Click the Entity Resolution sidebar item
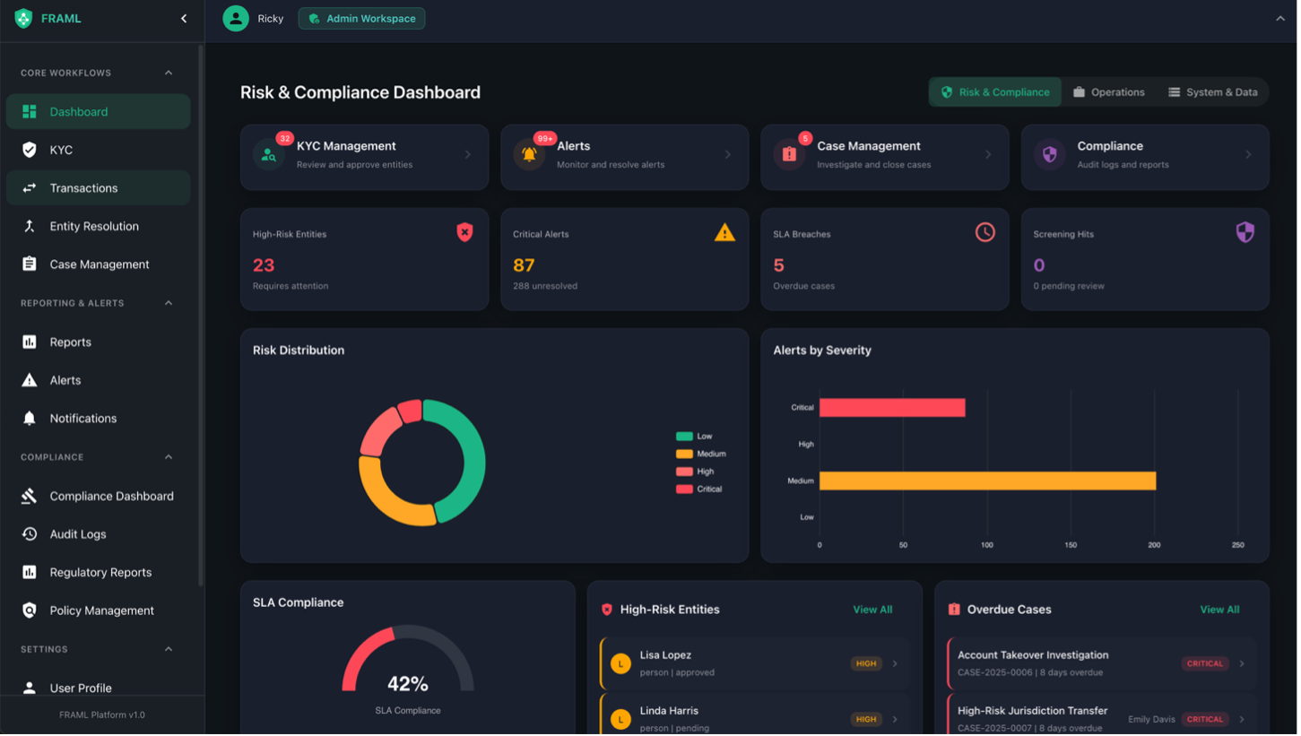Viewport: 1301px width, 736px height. coord(94,227)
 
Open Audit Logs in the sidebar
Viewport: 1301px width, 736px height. coord(78,534)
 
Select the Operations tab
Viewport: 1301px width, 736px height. coord(1109,92)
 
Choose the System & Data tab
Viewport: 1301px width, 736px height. coord(1212,92)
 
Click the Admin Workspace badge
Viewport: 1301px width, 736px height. coord(362,19)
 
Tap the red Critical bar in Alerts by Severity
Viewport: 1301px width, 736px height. coord(892,408)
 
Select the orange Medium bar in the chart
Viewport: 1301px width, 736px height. coord(987,481)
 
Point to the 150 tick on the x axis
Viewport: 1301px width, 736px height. coord(1071,545)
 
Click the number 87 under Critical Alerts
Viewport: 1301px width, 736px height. coord(524,265)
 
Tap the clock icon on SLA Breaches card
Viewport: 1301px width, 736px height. coord(984,233)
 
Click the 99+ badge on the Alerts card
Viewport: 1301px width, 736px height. coord(544,139)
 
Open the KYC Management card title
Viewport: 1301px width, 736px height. coord(346,146)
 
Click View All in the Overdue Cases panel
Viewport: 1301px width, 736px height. coord(1219,610)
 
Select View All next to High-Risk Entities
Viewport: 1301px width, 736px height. coord(872,610)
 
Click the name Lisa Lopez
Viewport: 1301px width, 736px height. coord(665,655)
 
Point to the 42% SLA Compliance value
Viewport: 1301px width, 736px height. coord(407,684)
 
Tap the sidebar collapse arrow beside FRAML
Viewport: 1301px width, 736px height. coord(184,19)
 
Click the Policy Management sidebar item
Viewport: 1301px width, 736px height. coord(101,610)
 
